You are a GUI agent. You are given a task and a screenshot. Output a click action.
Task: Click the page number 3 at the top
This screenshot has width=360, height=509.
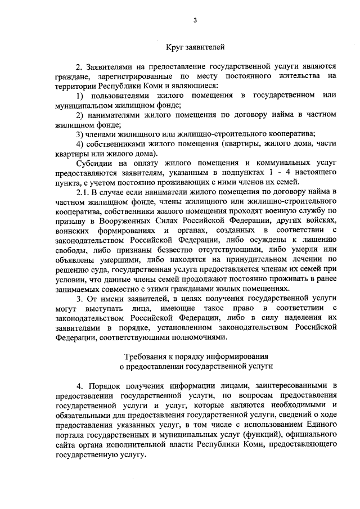(x=195, y=21)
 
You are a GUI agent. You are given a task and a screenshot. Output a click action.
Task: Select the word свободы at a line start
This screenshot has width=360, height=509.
(x=70, y=250)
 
